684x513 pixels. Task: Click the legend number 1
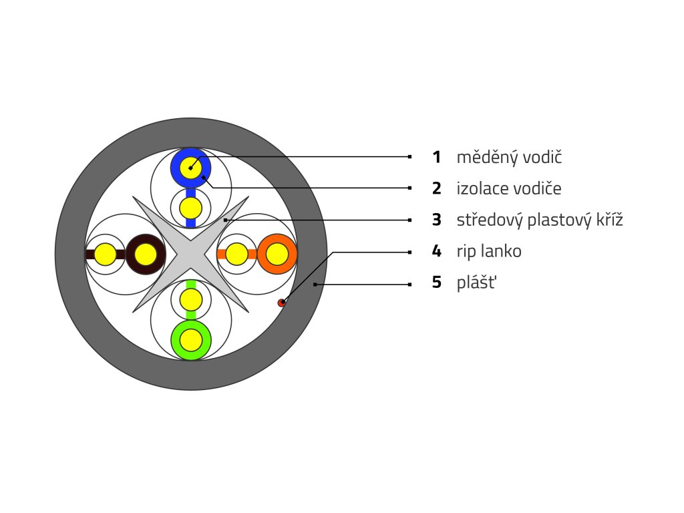click(x=436, y=158)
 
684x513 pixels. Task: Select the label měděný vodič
click(x=509, y=158)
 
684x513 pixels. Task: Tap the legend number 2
click(x=436, y=188)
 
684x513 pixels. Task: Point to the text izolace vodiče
click(x=508, y=188)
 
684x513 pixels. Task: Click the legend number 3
click(x=436, y=220)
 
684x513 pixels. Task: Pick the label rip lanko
click(x=489, y=251)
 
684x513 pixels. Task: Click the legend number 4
click(x=436, y=251)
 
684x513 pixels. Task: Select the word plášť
click(x=476, y=283)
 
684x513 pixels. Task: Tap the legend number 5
click(x=436, y=283)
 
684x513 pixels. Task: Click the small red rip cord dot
click(x=282, y=303)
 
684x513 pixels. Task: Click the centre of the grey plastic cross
click(x=191, y=254)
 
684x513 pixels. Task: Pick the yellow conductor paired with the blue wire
click(x=190, y=206)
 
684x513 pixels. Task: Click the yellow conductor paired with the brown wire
click(x=105, y=254)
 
